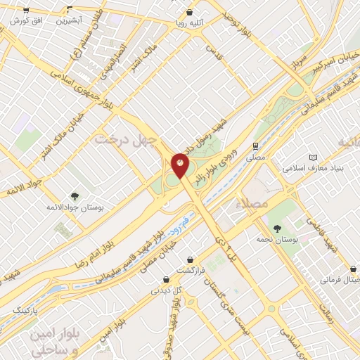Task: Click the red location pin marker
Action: pos(180,165)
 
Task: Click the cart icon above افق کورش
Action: pos(26,11)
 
